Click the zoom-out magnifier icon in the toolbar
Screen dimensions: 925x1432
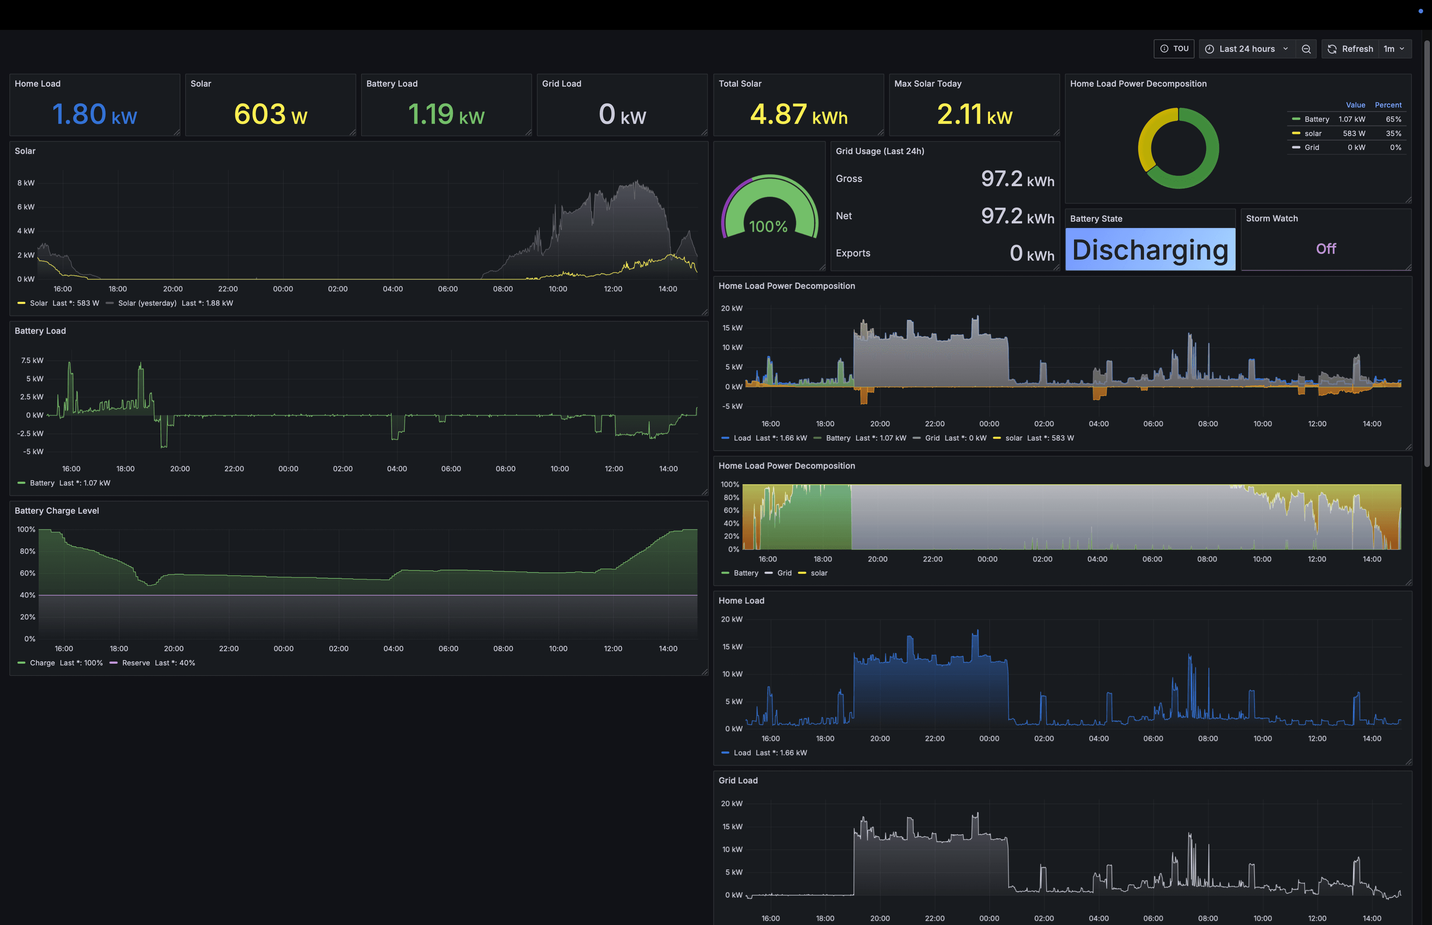1306,49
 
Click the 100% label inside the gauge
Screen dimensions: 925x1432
768,227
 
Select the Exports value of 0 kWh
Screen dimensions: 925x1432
1031,253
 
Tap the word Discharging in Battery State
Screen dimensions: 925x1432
1150,250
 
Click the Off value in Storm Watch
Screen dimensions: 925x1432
1326,249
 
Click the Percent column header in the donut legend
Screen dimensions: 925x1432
1388,105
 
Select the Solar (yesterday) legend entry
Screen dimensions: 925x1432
147,303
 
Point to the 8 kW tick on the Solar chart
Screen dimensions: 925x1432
26,183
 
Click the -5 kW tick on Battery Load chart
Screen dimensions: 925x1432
33,452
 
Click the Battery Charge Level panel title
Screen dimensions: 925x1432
56,511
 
